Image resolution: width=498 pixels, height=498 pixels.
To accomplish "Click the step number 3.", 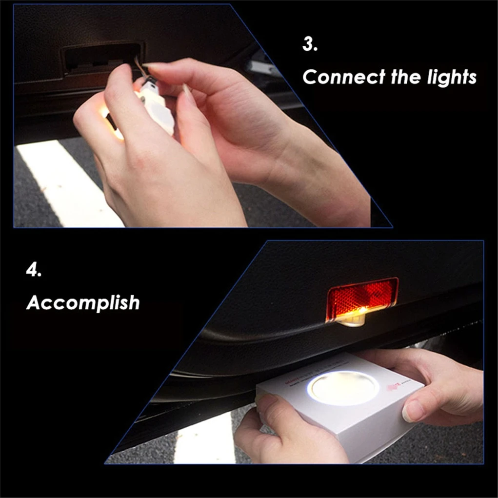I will pyautogui.click(x=310, y=45).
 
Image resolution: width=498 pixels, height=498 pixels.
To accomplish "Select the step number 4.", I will pyautogui.click(x=33, y=271).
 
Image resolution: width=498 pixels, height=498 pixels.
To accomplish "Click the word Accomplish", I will pyautogui.click(x=83, y=303).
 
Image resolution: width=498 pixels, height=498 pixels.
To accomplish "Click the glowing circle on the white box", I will pyautogui.click(x=343, y=388).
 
